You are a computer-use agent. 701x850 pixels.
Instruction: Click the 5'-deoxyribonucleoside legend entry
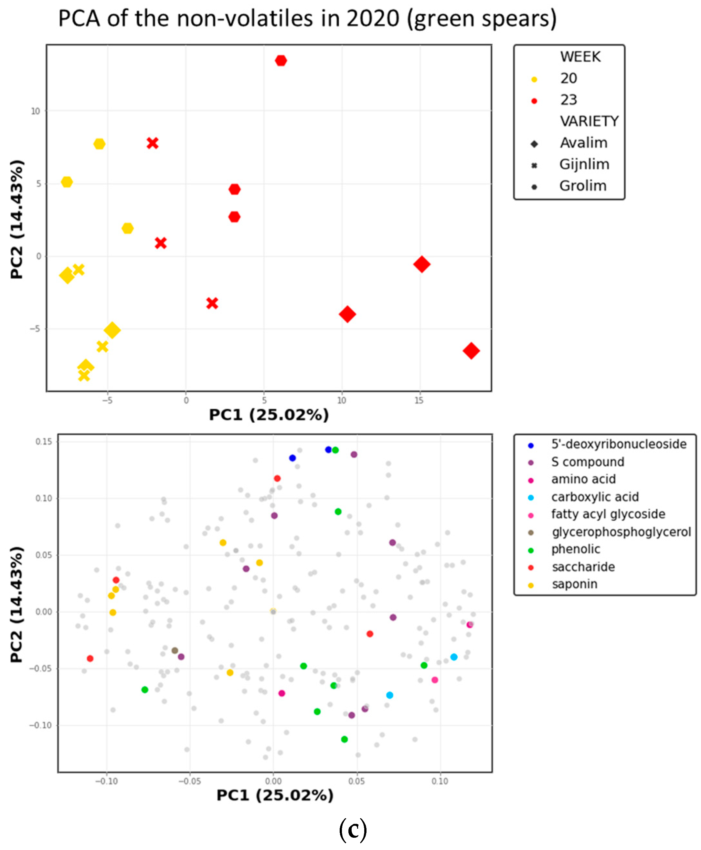point(618,444)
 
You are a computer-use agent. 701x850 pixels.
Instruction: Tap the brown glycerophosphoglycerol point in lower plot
point(175,650)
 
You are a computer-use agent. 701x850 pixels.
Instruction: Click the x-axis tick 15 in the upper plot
point(419,400)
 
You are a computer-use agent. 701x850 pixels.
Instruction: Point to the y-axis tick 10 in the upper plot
point(36,111)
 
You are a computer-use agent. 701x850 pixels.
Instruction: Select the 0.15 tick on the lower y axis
point(44,442)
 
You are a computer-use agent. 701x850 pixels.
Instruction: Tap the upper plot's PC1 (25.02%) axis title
point(269,415)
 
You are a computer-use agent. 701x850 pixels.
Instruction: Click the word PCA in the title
point(79,18)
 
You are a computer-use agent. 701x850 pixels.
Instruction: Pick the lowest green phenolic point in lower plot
point(345,739)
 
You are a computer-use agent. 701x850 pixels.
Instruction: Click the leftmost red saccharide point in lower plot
point(90,658)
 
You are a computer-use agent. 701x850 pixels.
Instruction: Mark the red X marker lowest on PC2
point(212,303)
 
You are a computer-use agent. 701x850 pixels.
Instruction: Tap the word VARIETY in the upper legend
point(589,121)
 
